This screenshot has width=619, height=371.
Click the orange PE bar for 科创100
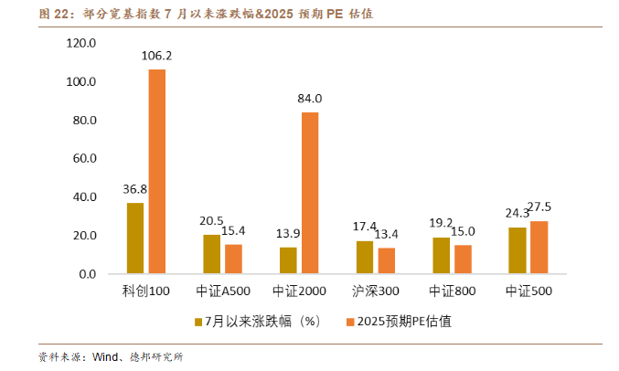(x=157, y=172)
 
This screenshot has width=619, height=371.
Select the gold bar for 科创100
(x=135, y=238)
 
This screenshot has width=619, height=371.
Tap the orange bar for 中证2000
(x=310, y=193)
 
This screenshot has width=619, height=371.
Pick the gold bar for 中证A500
(x=211, y=254)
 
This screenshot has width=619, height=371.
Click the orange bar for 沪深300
(x=387, y=260)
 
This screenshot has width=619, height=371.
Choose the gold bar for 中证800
(x=441, y=255)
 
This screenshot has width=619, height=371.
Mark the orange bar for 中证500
(x=539, y=247)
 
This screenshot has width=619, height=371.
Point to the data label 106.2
(x=157, y=56)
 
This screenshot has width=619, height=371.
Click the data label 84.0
(x=310, y=99)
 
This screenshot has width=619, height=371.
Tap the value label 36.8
(x=135, y=189)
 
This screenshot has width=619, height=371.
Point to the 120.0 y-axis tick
(x=81, y=43)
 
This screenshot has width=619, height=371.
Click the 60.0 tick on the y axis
(x=85, y=158)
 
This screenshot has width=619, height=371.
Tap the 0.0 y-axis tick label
(x=88, y=274)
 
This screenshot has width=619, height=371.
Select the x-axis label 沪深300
(x=375, y=292)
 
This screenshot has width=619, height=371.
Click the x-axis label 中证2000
(x=299, y=292)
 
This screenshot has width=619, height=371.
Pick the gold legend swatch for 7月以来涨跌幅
(x=197, y=321)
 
